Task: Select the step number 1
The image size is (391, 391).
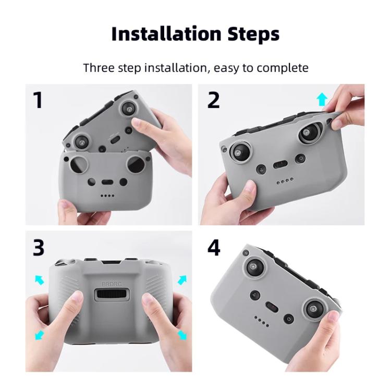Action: point(38,100)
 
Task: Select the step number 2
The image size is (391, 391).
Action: point(214,100)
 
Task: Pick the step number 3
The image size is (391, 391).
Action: point(39,248)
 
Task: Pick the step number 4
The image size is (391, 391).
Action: point(214,248)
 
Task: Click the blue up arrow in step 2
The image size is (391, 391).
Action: point(322,99)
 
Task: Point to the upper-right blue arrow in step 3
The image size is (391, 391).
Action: point(182,280)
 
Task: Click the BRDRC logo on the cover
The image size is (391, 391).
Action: point(111,285)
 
